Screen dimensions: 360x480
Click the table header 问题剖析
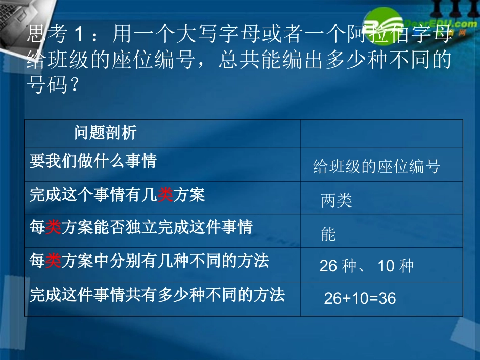point(106,133)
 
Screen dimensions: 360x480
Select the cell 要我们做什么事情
point(93,161)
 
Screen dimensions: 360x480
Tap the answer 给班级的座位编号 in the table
point(376,166)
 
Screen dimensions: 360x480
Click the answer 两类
point(337,200)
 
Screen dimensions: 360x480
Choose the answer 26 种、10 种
point(366,266)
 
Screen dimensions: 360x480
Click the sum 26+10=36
point(360,298)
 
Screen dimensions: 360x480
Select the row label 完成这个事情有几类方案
point(117,195)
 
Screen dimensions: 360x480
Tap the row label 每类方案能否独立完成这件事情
point(141,228)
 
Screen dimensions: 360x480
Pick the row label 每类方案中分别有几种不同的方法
point(150,261)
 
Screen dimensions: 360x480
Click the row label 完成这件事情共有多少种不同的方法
point(157,295)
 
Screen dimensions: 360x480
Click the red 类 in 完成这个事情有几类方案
point(165,195)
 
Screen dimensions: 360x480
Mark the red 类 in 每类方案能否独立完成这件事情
point(53,228)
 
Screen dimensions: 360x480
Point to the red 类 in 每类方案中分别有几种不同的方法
point(53,261)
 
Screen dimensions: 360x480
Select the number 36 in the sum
point(387,298)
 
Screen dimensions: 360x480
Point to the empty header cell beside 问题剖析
point(381,133)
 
